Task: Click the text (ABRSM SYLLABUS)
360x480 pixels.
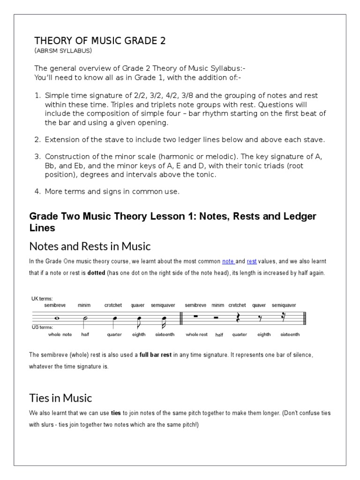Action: pos(63,51)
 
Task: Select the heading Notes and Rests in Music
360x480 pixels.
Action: pos(90,246)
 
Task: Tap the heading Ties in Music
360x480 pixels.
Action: pos(61,398)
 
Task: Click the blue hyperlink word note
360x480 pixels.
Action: pos(228,261)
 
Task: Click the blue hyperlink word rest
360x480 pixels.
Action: pos(252,261)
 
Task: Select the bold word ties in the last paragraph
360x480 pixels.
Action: pos(116,413)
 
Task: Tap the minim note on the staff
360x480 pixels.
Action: pos(85,319)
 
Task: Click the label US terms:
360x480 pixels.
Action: pos(43,327)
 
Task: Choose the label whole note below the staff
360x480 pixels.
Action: pos(60,335)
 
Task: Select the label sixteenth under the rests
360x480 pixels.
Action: pos(289,335)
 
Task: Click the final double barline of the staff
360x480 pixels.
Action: pos(306,318)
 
